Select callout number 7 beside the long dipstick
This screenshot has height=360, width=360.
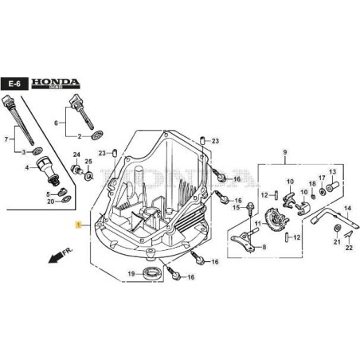(9, 139)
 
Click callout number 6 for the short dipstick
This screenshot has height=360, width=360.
(56, 123)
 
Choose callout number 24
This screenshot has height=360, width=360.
(77, 155)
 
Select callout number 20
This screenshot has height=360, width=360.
(50, 202)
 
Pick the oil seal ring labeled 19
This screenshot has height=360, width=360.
(150, 275)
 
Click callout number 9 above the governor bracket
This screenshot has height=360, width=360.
(284, 152)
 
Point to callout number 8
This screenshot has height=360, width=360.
(264, 248)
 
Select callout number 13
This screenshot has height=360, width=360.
(333, 171)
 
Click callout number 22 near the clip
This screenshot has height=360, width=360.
(349, 248)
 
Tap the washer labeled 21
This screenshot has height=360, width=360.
(337, 229)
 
